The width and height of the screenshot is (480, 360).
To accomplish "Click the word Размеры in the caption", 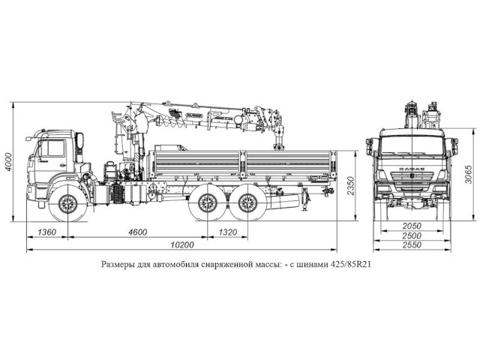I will coord(119,265).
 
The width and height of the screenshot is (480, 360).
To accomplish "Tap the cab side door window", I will coord(52,148).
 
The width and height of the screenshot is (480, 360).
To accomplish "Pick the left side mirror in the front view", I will coord(370,145).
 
